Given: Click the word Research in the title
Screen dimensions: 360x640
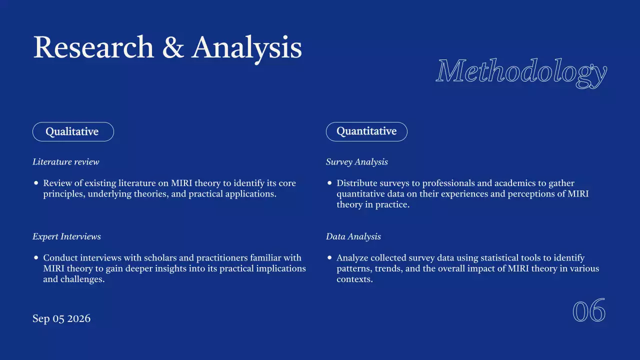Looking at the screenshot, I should click(93, 48).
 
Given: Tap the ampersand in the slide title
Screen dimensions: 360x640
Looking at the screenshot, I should click(172, 48).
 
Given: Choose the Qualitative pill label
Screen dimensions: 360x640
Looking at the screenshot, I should click(72, 131).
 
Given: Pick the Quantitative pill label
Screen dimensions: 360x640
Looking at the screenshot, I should click(366, 131).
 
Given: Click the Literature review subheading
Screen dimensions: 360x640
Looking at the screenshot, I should click(66, 162).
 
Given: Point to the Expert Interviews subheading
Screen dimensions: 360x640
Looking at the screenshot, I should click(66, 236).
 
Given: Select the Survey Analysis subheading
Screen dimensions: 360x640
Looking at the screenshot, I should click(356, 162).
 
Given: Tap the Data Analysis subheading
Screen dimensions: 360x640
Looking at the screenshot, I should click(353, 236).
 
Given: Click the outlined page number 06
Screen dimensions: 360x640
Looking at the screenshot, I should click(589, 311).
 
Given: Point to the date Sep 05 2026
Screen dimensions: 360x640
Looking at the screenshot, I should click(61, 318).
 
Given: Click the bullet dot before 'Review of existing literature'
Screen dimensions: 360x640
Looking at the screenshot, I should click(36, 183).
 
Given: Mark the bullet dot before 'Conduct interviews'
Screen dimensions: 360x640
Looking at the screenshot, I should click(36, 258).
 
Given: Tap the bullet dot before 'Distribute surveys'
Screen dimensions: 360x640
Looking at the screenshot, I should click(329, 183).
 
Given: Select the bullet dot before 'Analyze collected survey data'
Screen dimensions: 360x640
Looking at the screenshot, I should click(329, 258).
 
